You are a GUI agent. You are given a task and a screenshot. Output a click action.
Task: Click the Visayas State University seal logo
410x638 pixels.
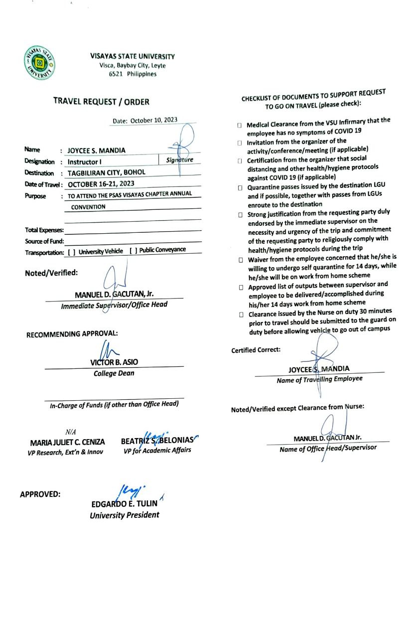[x=40, y=62]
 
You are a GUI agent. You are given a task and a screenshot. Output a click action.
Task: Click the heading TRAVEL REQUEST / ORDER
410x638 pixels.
[x=101, y=102]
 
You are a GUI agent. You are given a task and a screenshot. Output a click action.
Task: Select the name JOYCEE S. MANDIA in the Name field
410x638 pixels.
[x=97, y=150]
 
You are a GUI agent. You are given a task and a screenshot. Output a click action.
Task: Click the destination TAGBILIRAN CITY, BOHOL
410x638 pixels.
[x=106, y=173]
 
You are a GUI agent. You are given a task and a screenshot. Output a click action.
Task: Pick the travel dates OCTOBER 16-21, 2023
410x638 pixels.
[x=101, y=184]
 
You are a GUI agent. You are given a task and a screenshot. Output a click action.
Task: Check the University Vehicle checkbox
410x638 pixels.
[x=72, y=252]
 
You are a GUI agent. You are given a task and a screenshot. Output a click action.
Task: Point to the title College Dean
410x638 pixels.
[x=114, y=373]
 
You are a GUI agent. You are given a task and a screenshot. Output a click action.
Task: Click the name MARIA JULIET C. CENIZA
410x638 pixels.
[x=67, y=442]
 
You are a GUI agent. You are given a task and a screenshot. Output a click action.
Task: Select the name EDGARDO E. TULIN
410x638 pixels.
[x=124, y=504]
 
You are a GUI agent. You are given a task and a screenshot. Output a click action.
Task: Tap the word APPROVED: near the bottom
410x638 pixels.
[x=40, y=494]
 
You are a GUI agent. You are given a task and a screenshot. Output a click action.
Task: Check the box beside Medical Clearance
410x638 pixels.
[x=240, y=126]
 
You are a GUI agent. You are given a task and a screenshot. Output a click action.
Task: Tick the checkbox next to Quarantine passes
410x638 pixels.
[x=240, y=188]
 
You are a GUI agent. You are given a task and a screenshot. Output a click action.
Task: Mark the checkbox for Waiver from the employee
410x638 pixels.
[x=241, y=260]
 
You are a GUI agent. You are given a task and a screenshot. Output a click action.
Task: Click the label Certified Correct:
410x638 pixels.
[x=256, y=350]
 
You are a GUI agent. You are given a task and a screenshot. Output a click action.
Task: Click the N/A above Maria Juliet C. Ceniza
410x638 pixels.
[x=70, y=432]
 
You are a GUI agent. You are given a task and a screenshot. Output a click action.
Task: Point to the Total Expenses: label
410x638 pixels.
[x=44, y=230]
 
